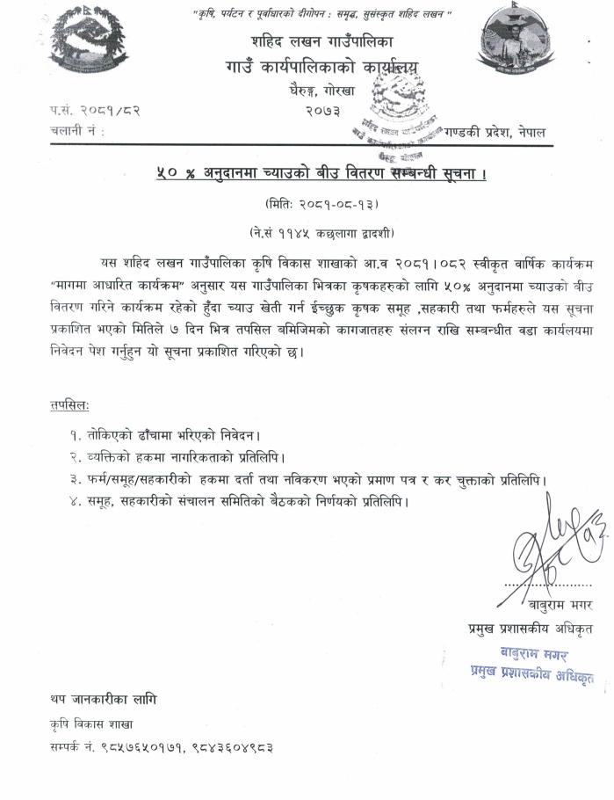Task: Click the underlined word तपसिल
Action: point(69,404)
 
